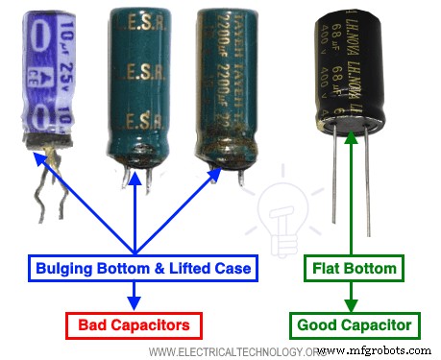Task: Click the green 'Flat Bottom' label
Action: point(351,269)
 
